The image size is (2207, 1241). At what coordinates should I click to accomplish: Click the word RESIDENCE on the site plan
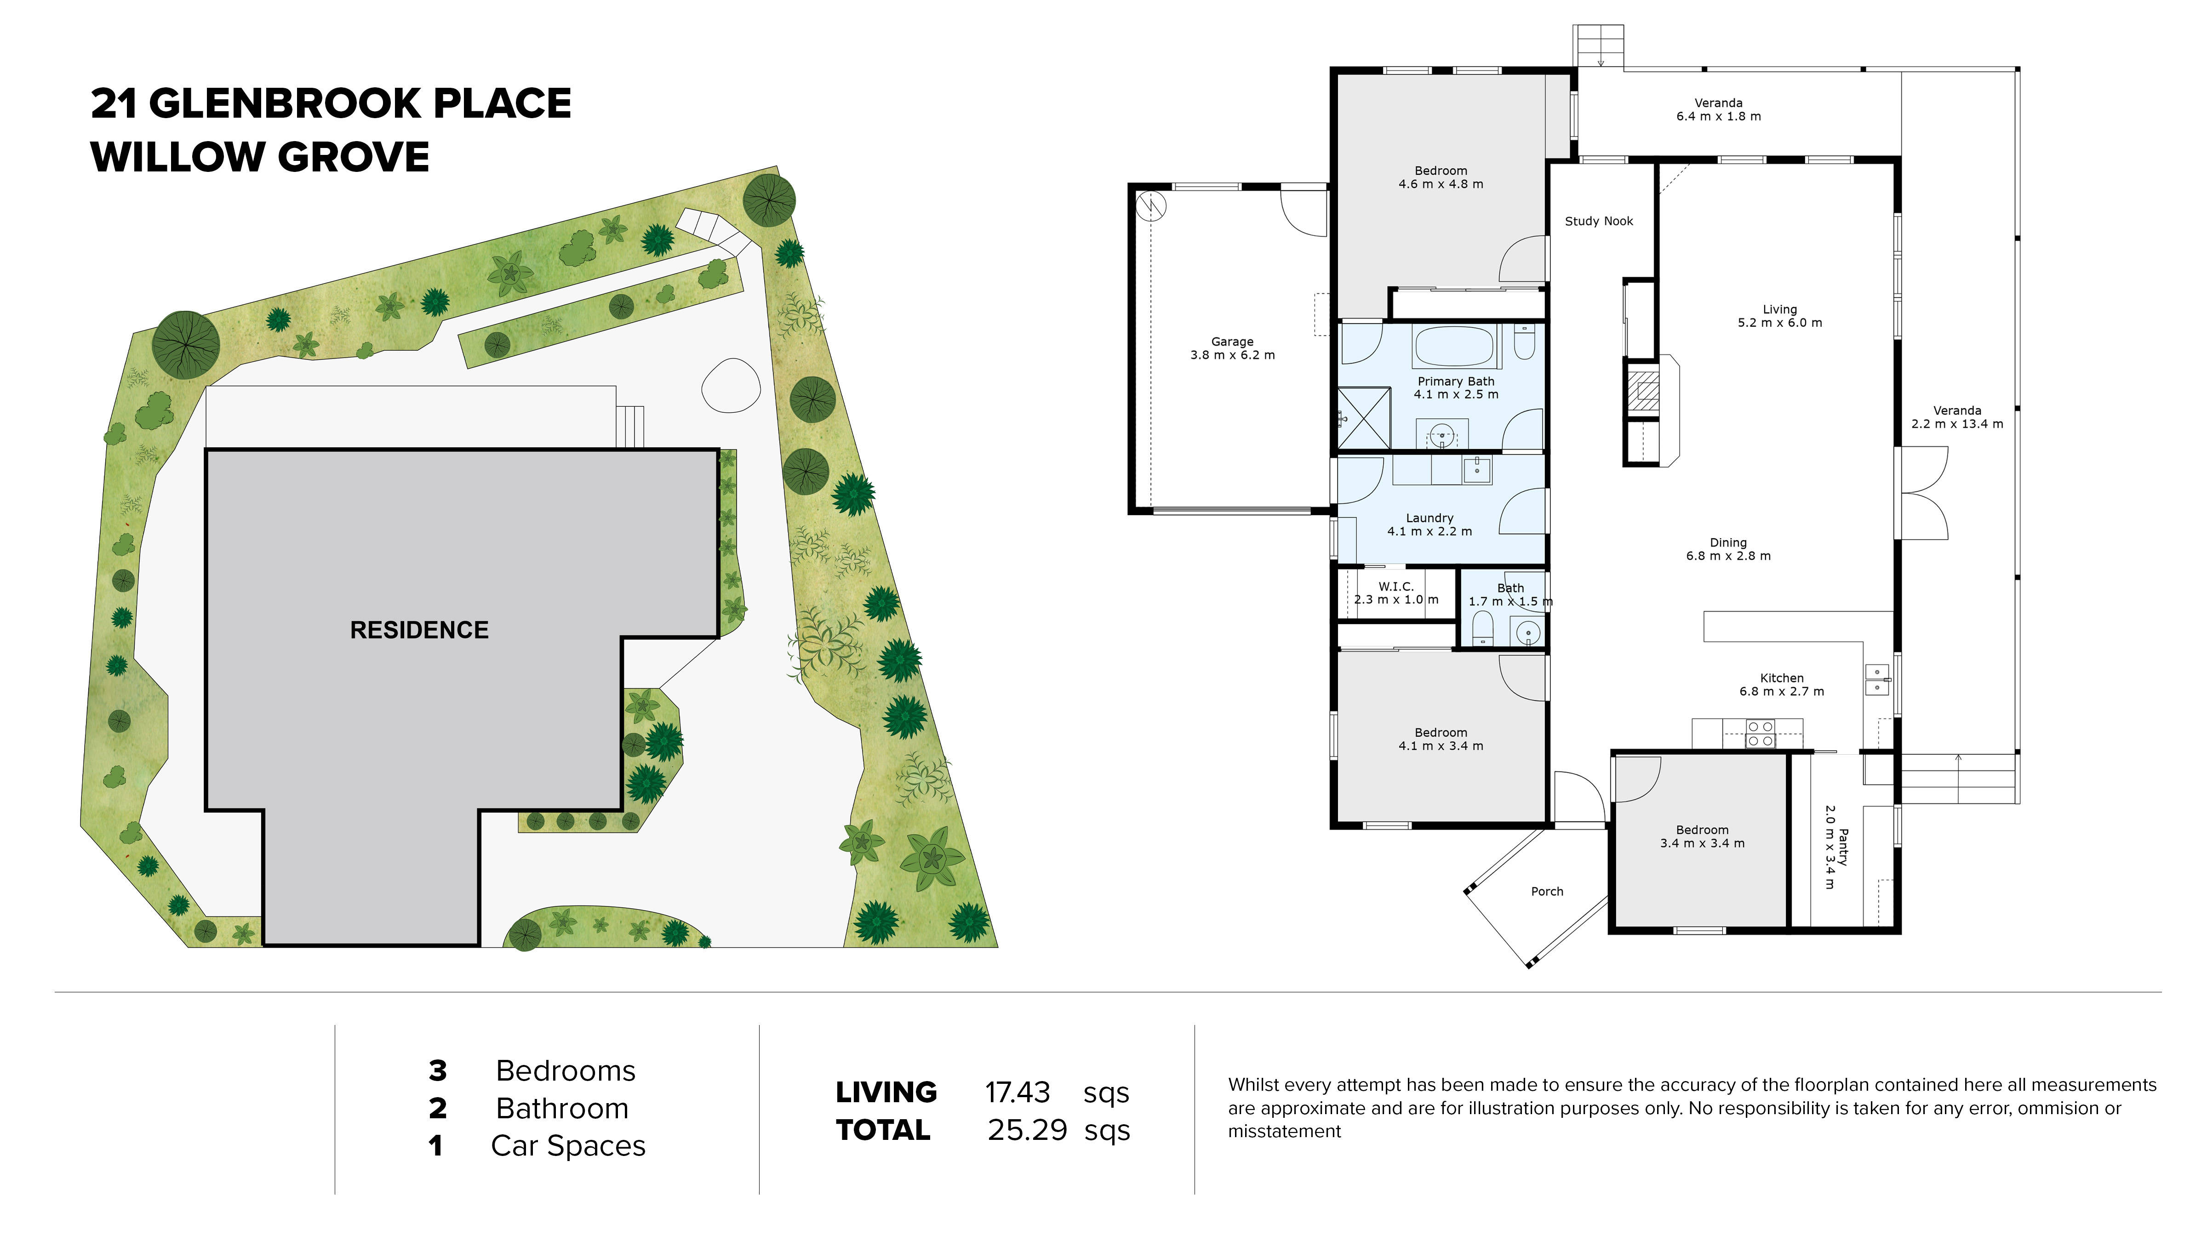tap(419, 630)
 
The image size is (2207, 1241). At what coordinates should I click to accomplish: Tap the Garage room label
tap(1232, 342)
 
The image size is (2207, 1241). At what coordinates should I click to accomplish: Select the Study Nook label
tap(1599, 221)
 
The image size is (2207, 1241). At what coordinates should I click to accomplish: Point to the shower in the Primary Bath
tap(1364, 418)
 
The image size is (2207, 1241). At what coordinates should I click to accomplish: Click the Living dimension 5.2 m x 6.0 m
tap(1779, 323)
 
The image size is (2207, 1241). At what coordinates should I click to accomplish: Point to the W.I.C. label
tap(1395, 586)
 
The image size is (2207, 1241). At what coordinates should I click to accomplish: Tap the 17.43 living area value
tap(1017, 1093)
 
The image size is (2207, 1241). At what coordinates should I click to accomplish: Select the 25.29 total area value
tap(1026, 1131)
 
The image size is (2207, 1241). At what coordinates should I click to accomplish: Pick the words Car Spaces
tap(568, 1146)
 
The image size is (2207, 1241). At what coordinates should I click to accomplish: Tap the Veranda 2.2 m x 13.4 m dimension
tap(1957, 424)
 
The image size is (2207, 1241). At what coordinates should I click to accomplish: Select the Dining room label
tap(1727, 542)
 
